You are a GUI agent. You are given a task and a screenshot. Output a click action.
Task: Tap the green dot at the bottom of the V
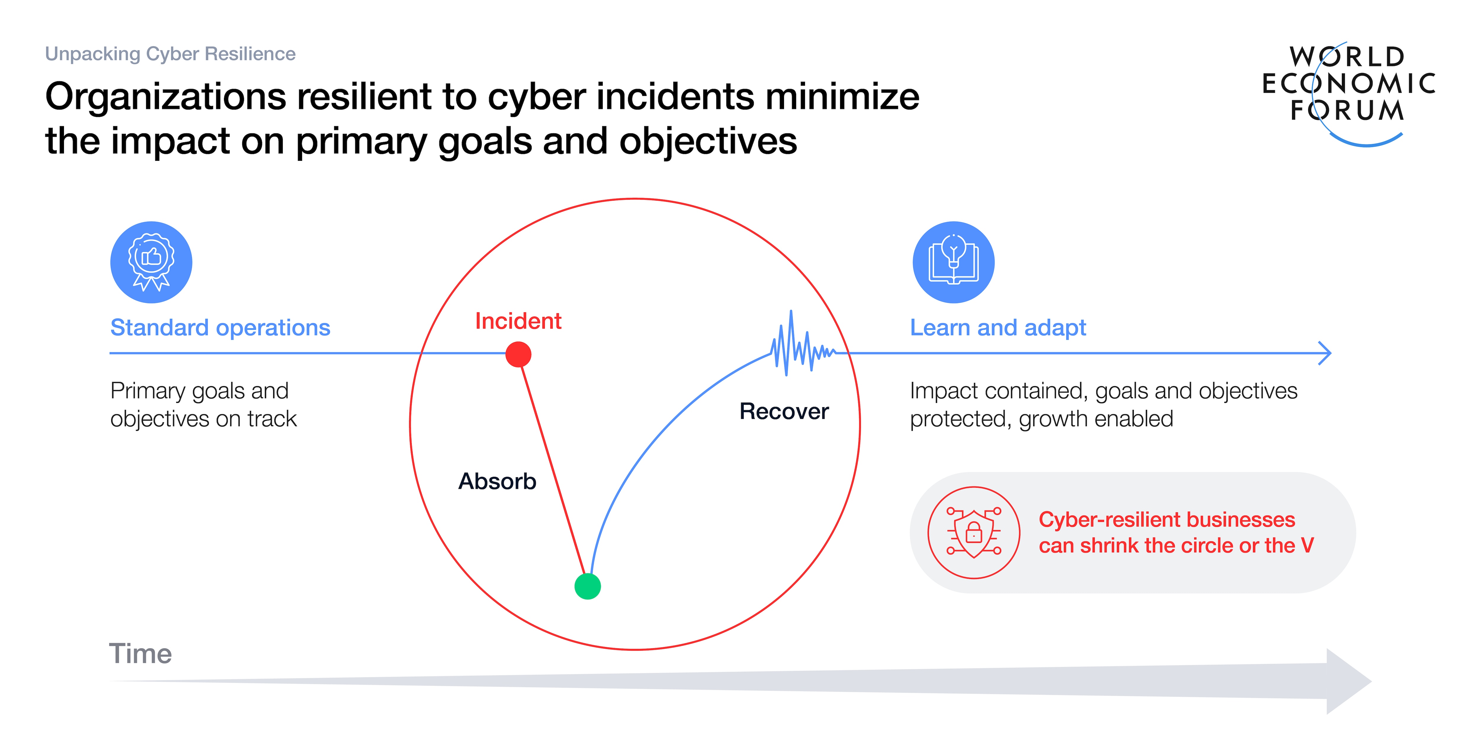[588, 586]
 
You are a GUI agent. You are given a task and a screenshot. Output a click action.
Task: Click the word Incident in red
[518, 321]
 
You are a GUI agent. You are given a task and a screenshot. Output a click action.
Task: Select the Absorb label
[497, 481]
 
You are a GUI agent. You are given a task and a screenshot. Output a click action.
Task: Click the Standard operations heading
[220, 328]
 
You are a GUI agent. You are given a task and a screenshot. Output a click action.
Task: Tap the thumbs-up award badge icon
[151, 262]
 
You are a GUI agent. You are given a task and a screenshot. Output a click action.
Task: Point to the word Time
[140, 654]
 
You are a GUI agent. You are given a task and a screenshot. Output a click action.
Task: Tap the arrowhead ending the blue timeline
[1325, 353]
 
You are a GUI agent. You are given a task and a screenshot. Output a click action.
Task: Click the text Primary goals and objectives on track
[203, 405]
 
